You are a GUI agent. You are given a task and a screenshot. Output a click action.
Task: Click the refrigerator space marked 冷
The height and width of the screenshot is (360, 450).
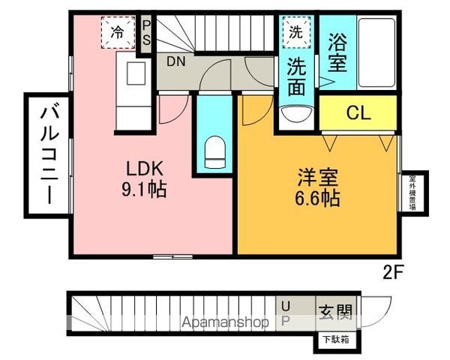click(118, 32)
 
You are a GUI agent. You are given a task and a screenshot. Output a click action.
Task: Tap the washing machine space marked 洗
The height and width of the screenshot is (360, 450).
click(296, 32)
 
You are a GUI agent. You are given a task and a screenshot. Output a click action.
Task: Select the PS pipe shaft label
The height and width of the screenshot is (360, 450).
click(146, 34)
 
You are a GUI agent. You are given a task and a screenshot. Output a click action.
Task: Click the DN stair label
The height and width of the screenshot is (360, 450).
click(176, 61)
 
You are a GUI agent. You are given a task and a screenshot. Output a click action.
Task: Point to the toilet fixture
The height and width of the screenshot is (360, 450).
click(215, 151)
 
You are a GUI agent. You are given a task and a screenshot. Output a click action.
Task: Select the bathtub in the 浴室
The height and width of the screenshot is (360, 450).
click(376, 52)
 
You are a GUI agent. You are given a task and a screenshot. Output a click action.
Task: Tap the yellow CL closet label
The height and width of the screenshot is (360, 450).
click(358, 113)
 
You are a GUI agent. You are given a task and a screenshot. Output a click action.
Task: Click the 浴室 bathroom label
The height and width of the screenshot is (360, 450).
click(337, 52)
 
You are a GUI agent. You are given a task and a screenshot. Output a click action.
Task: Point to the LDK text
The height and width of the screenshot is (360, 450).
click(145, 169)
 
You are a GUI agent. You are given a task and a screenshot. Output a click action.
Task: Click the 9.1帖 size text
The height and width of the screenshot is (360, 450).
click(144, 189)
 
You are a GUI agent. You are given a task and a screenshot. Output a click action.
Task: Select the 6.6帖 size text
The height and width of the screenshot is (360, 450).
click(318, 198)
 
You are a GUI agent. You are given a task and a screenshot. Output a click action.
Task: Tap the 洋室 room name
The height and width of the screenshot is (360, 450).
click(318, 178)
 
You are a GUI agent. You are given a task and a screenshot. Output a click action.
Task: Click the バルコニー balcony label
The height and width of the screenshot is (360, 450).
click(49, 155)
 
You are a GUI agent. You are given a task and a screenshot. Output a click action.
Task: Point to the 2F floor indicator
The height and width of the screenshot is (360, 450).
click(393, 272)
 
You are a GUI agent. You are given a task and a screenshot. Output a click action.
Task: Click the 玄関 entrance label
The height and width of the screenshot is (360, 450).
click(335, 312)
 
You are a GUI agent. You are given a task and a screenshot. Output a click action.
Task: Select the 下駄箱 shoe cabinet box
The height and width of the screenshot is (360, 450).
click(336, 340)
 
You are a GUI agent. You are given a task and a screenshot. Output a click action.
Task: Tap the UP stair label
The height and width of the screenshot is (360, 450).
click(285, 314)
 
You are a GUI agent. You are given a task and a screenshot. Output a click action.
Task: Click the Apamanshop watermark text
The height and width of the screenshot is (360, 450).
click(225, 322)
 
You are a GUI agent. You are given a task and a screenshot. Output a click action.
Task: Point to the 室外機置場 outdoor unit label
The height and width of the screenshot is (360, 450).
click(412, 193)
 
